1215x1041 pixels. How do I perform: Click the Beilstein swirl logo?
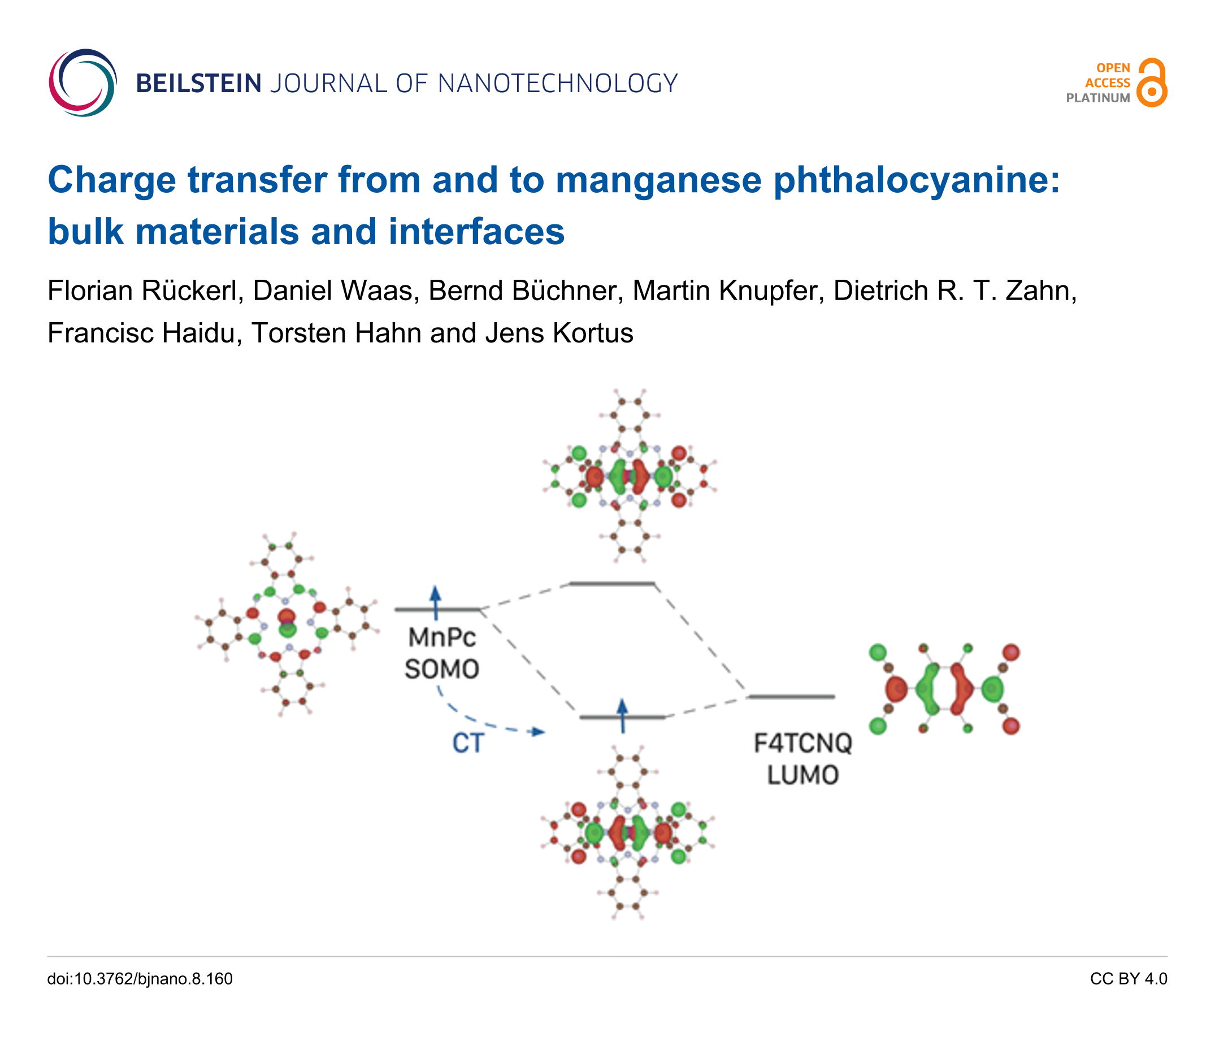coord(83,83)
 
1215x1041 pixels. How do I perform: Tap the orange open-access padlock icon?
coord(1152,83)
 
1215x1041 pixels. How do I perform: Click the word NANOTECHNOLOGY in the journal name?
coord(558,84)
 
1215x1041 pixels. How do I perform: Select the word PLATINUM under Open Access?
coord(1097,98)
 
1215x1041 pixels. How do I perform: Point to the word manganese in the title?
coord(658,180)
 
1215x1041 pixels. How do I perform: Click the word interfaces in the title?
coord(476,232)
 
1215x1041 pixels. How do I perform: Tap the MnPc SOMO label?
coord(441,653)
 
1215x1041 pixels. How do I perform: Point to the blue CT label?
coord(467,744)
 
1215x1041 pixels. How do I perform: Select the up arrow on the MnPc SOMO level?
coord(435,602)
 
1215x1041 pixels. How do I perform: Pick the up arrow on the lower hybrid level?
coord(622,715)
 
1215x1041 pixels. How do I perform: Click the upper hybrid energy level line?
coord(611,584)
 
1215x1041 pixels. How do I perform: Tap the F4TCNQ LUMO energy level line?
coord(792,697)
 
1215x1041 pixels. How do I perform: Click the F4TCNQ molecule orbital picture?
coord(944,689)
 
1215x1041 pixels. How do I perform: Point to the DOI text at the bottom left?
coord(140,979)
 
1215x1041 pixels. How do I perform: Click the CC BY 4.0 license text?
coord(1128,979)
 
